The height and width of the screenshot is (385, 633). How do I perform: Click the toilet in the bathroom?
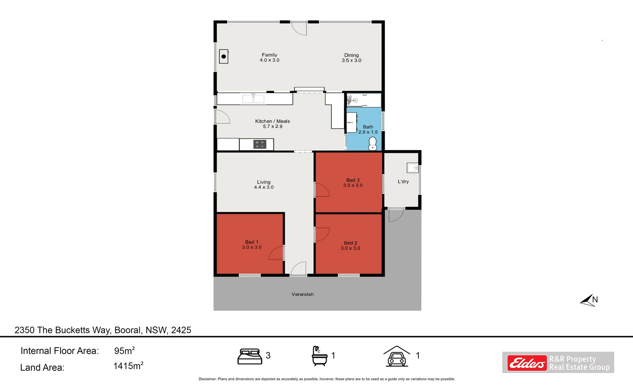pos(373,144)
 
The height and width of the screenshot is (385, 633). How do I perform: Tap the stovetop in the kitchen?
pos(260,144)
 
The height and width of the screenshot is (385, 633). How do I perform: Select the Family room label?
pos(269,55)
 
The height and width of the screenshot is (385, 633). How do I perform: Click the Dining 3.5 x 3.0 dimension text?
pos(352,61)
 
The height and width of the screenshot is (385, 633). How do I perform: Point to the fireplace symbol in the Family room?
pos(223,56)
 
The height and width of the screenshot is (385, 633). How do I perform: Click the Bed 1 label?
pos(252,242)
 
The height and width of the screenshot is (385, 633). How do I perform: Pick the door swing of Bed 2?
pos(322,235)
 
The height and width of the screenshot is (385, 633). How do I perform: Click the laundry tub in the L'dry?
pos(413,168)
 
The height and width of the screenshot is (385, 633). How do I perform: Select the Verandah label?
pos(302,294)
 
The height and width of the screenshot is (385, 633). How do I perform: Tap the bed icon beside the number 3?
pos(249,356)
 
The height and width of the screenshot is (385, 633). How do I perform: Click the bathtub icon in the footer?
pos(319,356)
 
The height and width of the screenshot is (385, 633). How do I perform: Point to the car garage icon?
pos(396,356)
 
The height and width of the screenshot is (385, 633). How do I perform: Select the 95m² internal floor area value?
pos(124,351)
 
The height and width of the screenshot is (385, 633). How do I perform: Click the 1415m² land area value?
pos(128,366)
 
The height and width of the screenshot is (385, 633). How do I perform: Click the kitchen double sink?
pos(253,99)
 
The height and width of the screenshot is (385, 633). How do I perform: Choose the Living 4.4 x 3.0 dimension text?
pos(264,187)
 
